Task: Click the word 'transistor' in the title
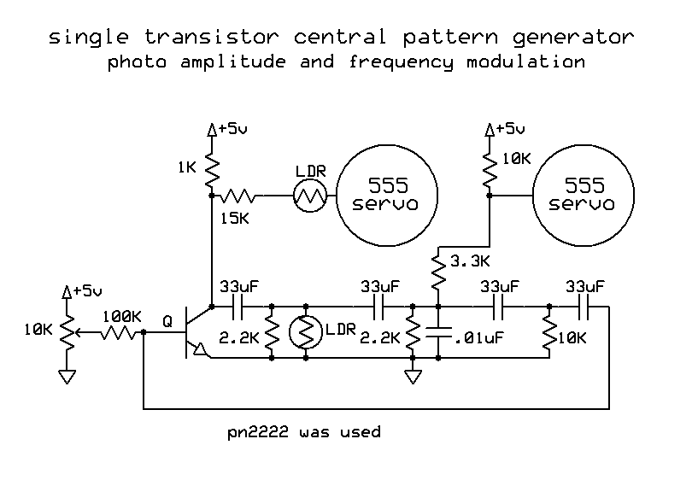(197, 38)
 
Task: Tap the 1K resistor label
(187, 167)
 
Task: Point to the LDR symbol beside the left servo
(310, 196)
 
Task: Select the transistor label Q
(167, 322)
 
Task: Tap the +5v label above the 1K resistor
(232, 128)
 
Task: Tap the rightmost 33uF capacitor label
(585, 286)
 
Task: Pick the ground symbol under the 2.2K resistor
(413, 374)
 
